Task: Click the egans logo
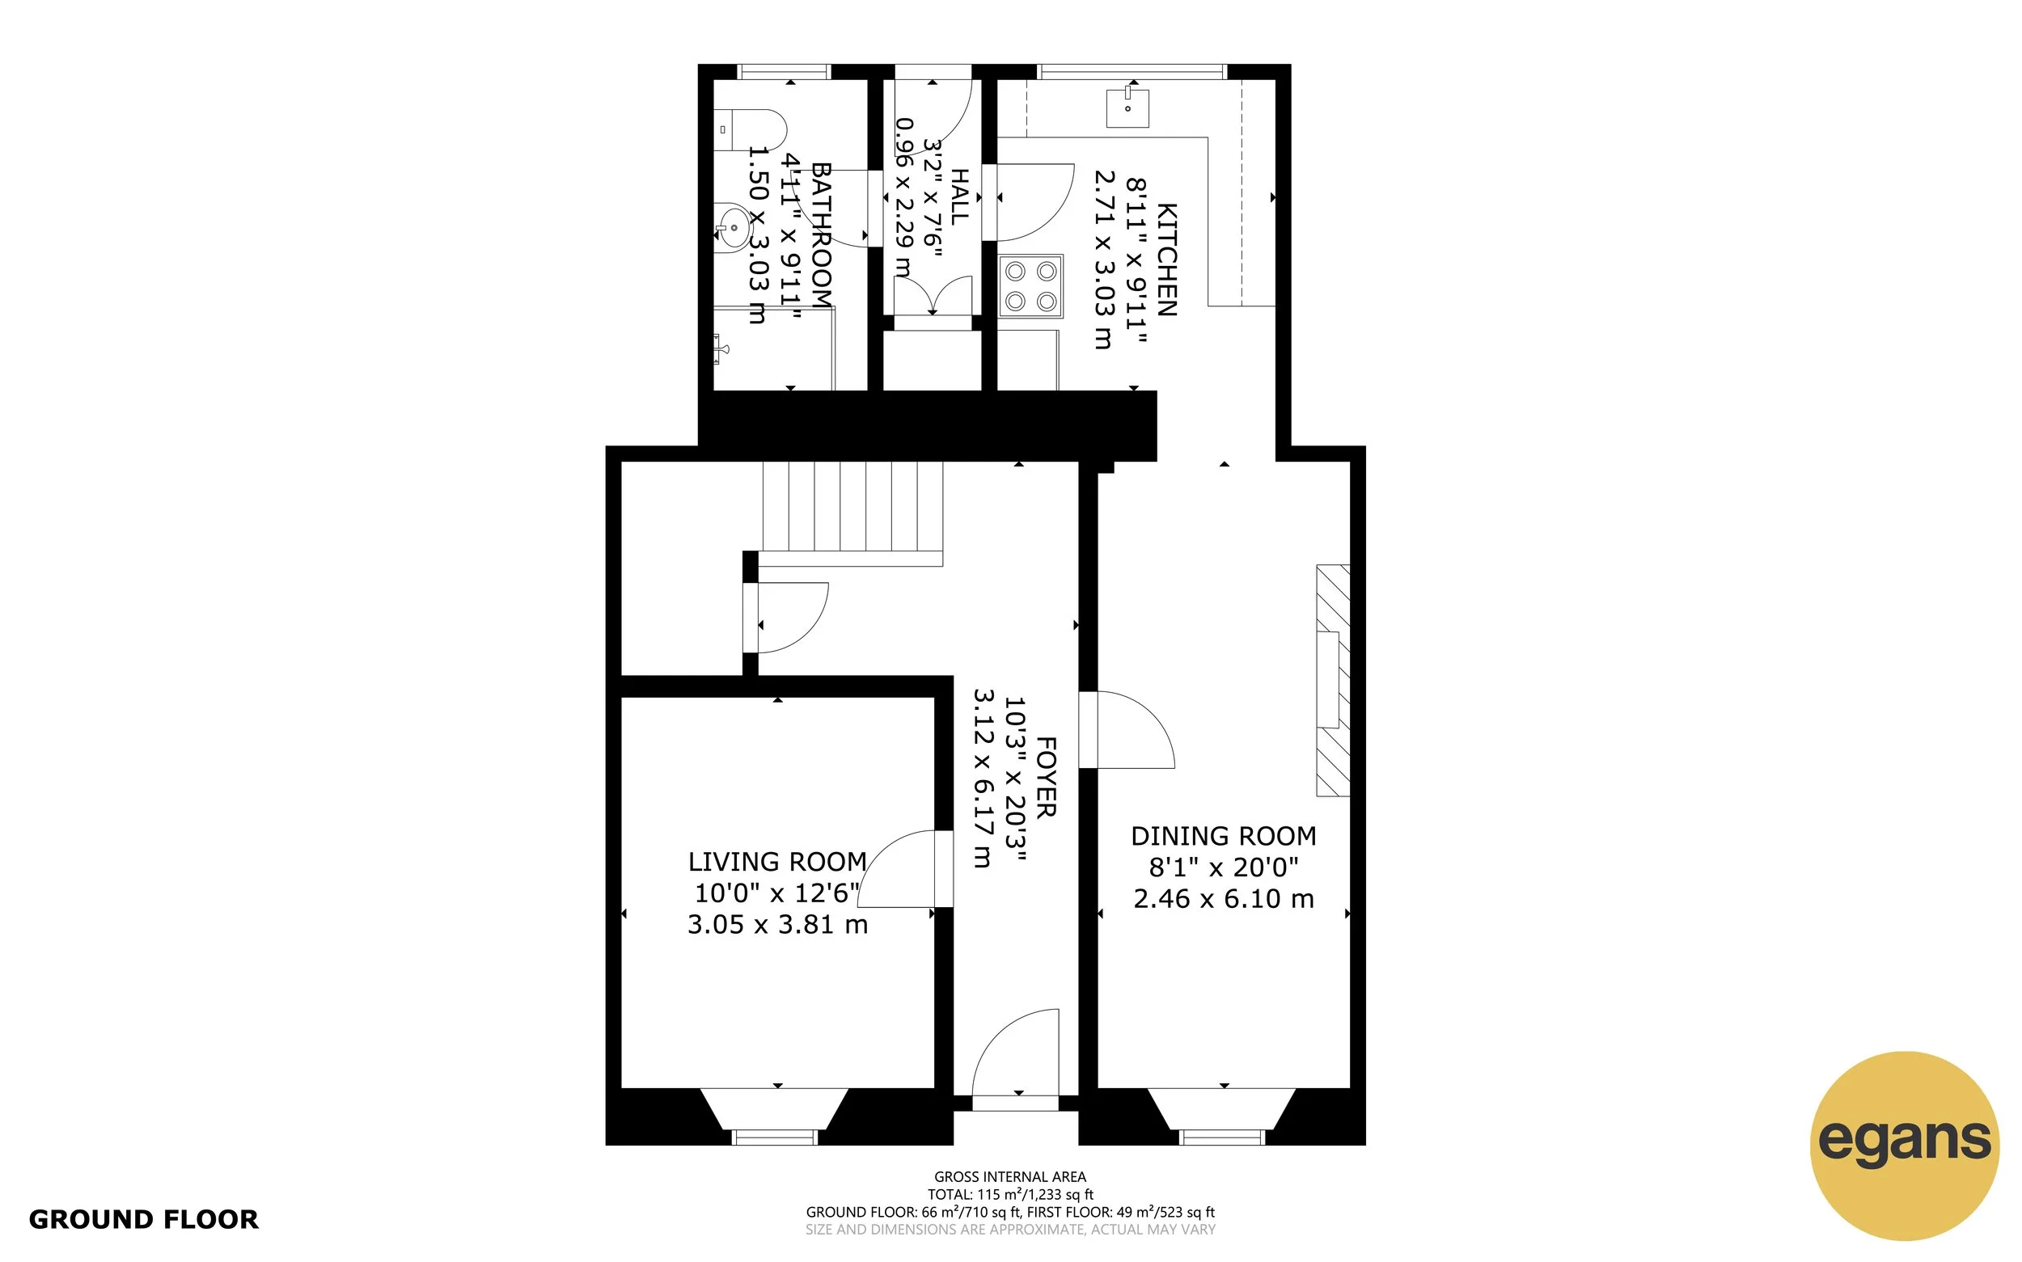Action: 1904,1145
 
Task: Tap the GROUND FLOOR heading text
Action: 144,1219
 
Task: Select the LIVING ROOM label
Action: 776,861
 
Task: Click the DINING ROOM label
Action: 1223,835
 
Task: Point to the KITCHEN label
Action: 1166,259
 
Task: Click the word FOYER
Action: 1046,776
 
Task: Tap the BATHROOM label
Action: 823,236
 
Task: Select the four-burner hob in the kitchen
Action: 1031,286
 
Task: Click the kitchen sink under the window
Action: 1127,108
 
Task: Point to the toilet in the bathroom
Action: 751,130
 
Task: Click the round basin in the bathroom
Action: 733,226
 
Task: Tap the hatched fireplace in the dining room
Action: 1332,680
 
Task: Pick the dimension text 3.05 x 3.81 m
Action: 776,925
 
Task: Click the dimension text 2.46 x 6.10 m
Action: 1223,899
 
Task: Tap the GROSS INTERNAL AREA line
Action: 1010,1177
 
